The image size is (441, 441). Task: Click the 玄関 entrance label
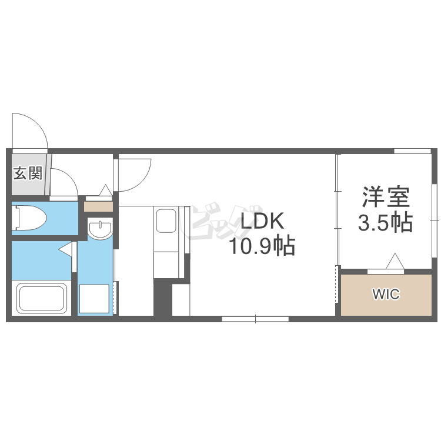tap(28, 173)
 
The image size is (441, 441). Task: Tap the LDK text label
tap(263, 221)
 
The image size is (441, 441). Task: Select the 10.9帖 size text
tap(263, 246)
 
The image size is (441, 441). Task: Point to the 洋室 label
tap(386, 197)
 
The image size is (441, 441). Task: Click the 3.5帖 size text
tap(385, 222)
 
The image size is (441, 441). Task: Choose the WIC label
tap(386, 294)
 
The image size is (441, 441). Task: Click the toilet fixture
tap(29, 218)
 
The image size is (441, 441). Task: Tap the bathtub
tap(41, 298)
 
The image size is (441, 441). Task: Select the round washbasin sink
tap(100, 229)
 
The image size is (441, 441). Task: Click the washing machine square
tap(94, 298)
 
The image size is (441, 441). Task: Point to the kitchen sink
tap(166, 220)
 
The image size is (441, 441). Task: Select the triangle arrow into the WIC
tap(395, 261)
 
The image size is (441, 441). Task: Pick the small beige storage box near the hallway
tap(98, 206)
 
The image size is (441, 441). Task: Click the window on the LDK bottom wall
tap(255, 319)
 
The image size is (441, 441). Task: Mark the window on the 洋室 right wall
tap(435, 220)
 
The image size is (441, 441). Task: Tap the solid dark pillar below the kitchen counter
tap(162, 297)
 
